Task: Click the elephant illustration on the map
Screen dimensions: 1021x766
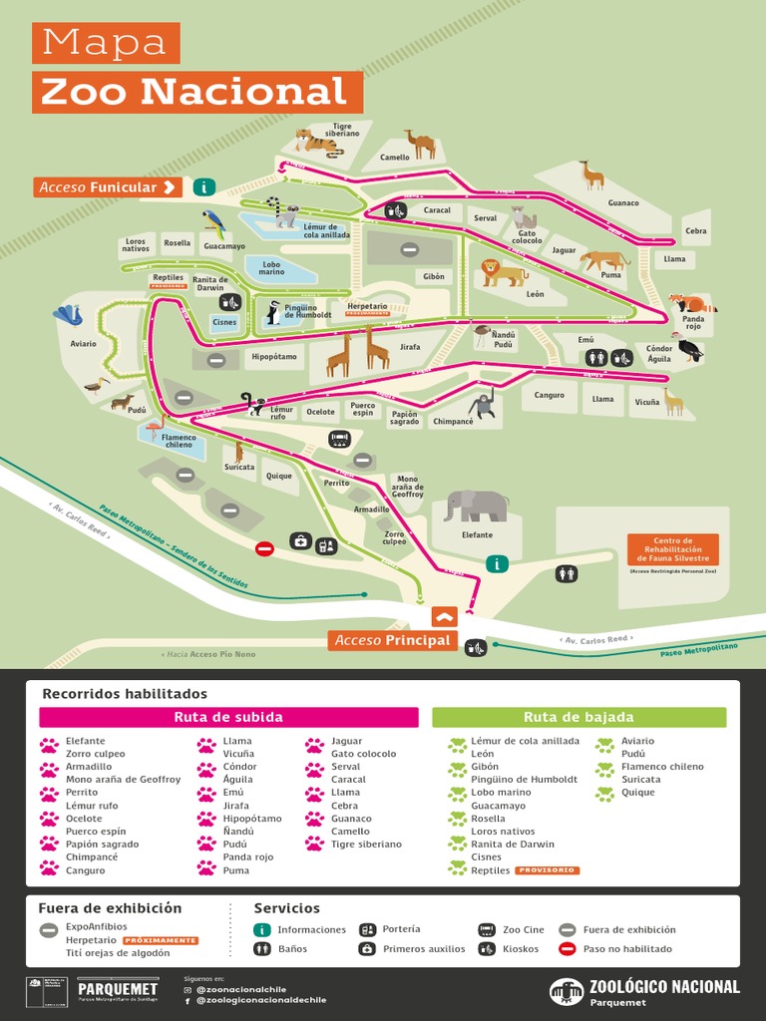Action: pyautogui.click(x=476, y=506)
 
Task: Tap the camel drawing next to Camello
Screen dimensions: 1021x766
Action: pyautogui.click(x=420, y=145)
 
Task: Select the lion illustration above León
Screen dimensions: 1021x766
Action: pyautogui.click(x=503, y=272)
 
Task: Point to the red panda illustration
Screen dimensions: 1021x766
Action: pyautogui.click(x=690, y=303)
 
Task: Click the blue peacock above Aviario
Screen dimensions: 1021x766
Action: pyautogui.click(x=69, y=315)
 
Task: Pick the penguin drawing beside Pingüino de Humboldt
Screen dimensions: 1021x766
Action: pyautogui.click(x=272, y=313)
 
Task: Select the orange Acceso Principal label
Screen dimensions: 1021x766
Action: pyautogui.click(x=393, y=640)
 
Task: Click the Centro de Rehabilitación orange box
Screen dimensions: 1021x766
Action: pyautogui.click(x=672, y=549)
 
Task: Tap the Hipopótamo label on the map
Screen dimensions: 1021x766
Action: pyautogui.click(x=274, y=356)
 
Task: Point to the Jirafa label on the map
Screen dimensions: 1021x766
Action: pyautogui.click(x=410, y=347)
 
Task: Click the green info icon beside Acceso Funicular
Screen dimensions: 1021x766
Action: pyautogui.click(x=204, y=186)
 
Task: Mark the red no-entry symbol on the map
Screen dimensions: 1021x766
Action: pyautogui.click(x=264, y=548)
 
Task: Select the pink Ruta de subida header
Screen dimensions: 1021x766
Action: pyautogui.click(x=228, y=717)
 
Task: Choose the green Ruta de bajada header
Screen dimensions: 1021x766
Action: pyautogui.click(x=578, y=717)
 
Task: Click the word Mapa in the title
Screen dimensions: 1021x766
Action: pyautogui.click(x=105, y=43)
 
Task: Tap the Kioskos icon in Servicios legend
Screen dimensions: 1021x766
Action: pyautogui.click(x=487, y=949)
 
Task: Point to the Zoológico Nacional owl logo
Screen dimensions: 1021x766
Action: pyautogui.click(x=566, y=991)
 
